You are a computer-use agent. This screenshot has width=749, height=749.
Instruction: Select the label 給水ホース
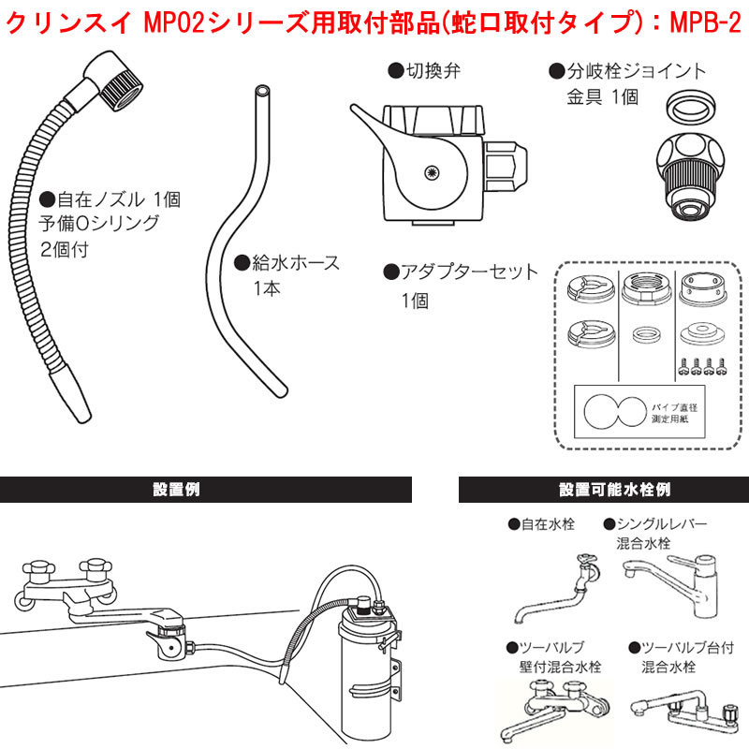(286, 263)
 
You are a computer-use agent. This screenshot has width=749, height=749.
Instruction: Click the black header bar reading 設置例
(206, 490)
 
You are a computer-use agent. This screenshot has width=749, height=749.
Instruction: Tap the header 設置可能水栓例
(603, 490)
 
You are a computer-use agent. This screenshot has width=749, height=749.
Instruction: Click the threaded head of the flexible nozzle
(113, 68)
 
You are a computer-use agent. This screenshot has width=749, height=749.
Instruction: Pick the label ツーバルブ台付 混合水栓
(682, 656)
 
